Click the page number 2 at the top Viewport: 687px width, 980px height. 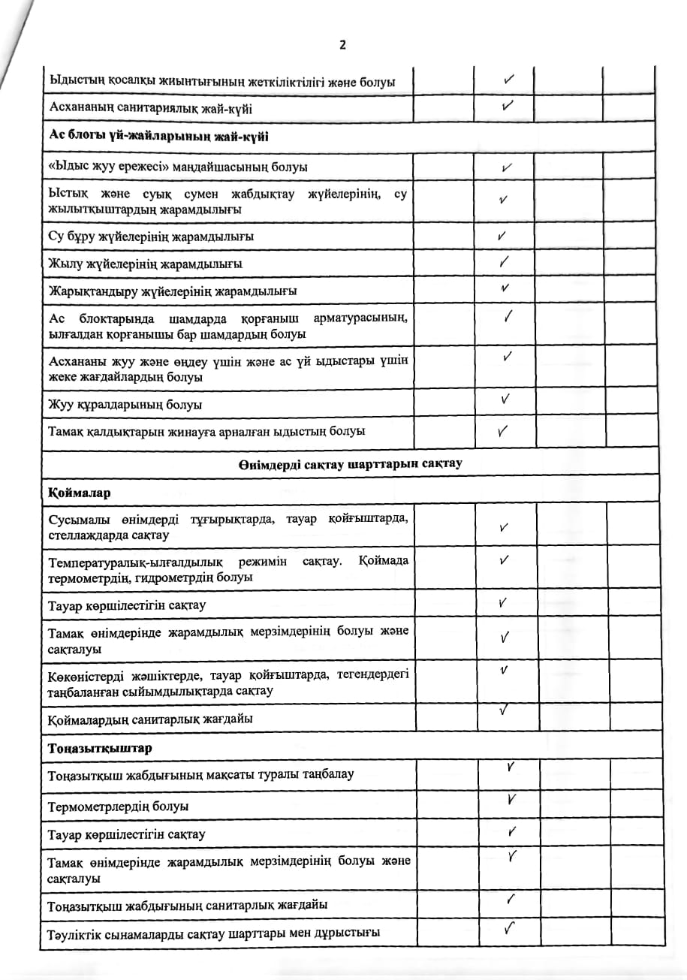(342, 45)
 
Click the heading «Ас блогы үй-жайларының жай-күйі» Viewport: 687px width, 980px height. (148, 136)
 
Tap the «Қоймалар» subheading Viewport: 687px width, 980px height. (79, 493)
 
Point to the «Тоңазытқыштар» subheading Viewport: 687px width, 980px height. (100, 749)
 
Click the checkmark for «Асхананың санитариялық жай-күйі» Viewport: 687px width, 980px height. (508, 106)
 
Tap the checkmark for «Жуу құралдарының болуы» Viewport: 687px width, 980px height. (506, 399)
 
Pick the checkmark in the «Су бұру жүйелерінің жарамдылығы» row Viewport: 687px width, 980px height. (502, 236)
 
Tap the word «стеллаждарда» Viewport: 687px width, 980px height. (82, 535)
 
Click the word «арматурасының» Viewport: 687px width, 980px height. (363, 318)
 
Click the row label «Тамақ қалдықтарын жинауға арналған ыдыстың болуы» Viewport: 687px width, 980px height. (206, 432)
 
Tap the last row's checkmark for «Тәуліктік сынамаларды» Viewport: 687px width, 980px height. (510, 929)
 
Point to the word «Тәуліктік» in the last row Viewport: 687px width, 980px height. (74, 933)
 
